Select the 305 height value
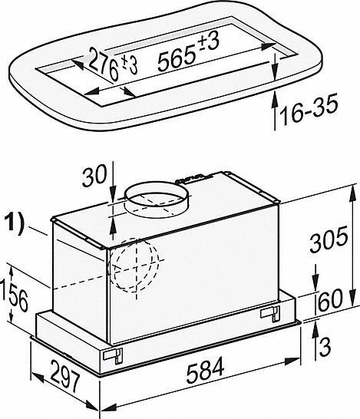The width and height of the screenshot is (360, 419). (x=329, y=239)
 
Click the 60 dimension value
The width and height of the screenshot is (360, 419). (x=330, y=300)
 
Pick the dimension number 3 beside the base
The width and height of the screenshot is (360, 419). (x=325, y=347)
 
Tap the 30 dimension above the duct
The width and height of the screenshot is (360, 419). (x=94, y=177)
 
